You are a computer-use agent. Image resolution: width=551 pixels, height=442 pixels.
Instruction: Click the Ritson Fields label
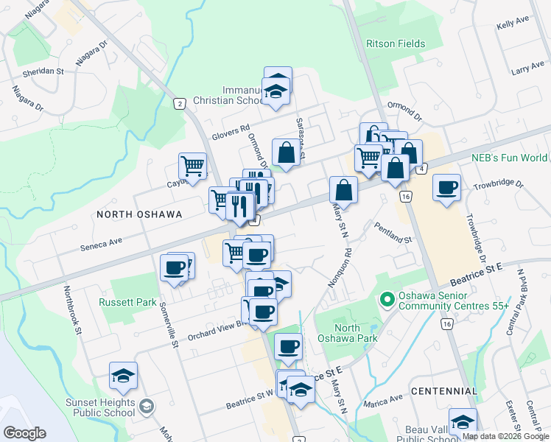[x=396, y=43]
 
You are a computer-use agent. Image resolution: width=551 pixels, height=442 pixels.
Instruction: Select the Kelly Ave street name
[x=513, y=24]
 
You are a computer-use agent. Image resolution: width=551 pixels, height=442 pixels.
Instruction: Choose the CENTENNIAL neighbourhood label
[x=444, y=390]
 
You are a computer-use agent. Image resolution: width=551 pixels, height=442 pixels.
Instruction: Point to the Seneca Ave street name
[x=99, y=242]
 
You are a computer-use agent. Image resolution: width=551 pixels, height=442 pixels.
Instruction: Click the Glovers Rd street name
[x=231, y=130]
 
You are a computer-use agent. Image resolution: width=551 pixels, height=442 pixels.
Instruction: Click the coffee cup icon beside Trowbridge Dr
[x=446, y=187]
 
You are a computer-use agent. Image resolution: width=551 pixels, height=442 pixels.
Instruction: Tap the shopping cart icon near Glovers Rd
[x=192, y=166]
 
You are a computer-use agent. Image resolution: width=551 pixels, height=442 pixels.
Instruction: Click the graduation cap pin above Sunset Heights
[x=123, y=375]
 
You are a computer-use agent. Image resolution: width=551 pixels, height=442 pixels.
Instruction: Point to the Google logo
[x=24, y=433]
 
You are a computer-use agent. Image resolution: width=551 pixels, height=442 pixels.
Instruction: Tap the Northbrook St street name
[x=71, y=310]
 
